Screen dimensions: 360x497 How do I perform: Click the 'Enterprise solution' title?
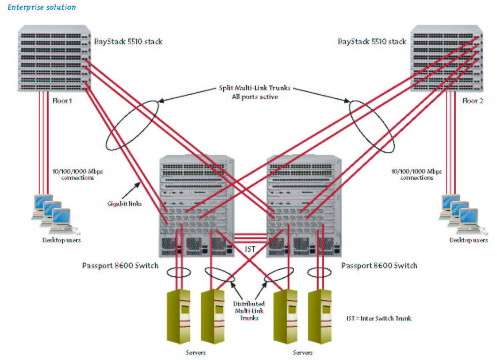tap(42, 8)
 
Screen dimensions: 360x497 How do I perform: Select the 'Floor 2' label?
tap(473, 101)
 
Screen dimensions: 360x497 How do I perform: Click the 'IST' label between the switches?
tap(250, 249)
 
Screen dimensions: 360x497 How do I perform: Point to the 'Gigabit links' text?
tap(124, 204)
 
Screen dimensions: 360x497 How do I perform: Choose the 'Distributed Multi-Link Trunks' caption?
tap(249, 311)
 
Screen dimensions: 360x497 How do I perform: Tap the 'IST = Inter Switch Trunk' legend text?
tap(379, 318)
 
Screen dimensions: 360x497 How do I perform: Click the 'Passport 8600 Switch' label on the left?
tap(120, 266)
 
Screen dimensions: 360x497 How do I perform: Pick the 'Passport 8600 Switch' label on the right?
tap(379, 266)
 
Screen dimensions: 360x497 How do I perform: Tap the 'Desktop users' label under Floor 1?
tap(62, 240)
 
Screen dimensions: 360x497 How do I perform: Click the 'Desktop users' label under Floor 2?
tap(469, 240)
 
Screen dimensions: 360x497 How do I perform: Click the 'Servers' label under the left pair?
tap(196, 353)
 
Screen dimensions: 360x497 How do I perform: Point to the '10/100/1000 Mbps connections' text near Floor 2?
tap(416, 174)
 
